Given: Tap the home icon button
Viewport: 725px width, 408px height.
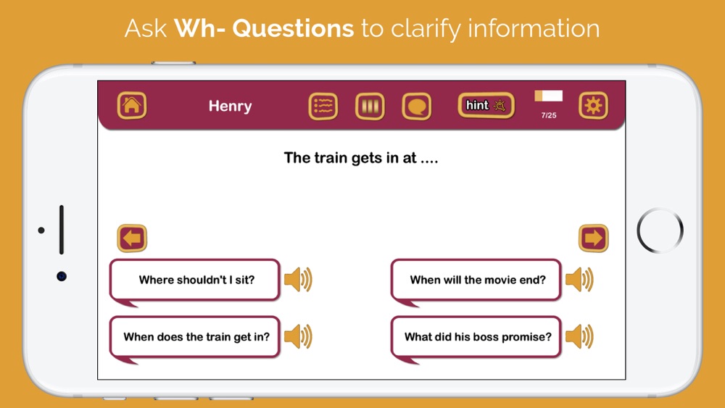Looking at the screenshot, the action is pyautogui.click(x=132, y=105).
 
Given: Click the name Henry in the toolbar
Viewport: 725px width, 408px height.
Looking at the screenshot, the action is pyautogui.click(x=231, y=106).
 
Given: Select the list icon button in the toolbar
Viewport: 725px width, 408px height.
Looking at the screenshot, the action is pyautogui.click(x=323, y=107).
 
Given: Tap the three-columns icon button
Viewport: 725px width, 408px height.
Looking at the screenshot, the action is pyautogui.click(x=370, y=107).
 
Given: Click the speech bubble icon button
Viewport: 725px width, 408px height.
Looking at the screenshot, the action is pyautogui.click(x=417, y=107).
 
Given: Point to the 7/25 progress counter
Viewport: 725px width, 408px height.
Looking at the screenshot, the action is pyautogui.click(x=549, y=115).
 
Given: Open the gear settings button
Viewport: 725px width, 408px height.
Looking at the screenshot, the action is pyautogui.click(x=593, y=105).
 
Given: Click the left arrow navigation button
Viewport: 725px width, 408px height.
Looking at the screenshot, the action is pyautogui.click(x=132, y=238).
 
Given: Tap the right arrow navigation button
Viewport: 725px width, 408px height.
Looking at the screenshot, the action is pyautogui.click(x=593, y=238).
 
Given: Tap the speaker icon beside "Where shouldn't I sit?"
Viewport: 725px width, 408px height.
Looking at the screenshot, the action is pyautogui.click(x=298, y=280).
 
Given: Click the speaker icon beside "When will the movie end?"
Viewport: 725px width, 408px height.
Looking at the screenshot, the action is pyautogui.click(x=579, y=280).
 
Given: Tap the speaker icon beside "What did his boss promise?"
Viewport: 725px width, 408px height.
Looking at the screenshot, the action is pyautogui.click(x=579, y=336).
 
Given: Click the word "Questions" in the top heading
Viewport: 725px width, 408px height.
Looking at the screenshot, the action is pyautogui.click(x=293, y=28).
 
